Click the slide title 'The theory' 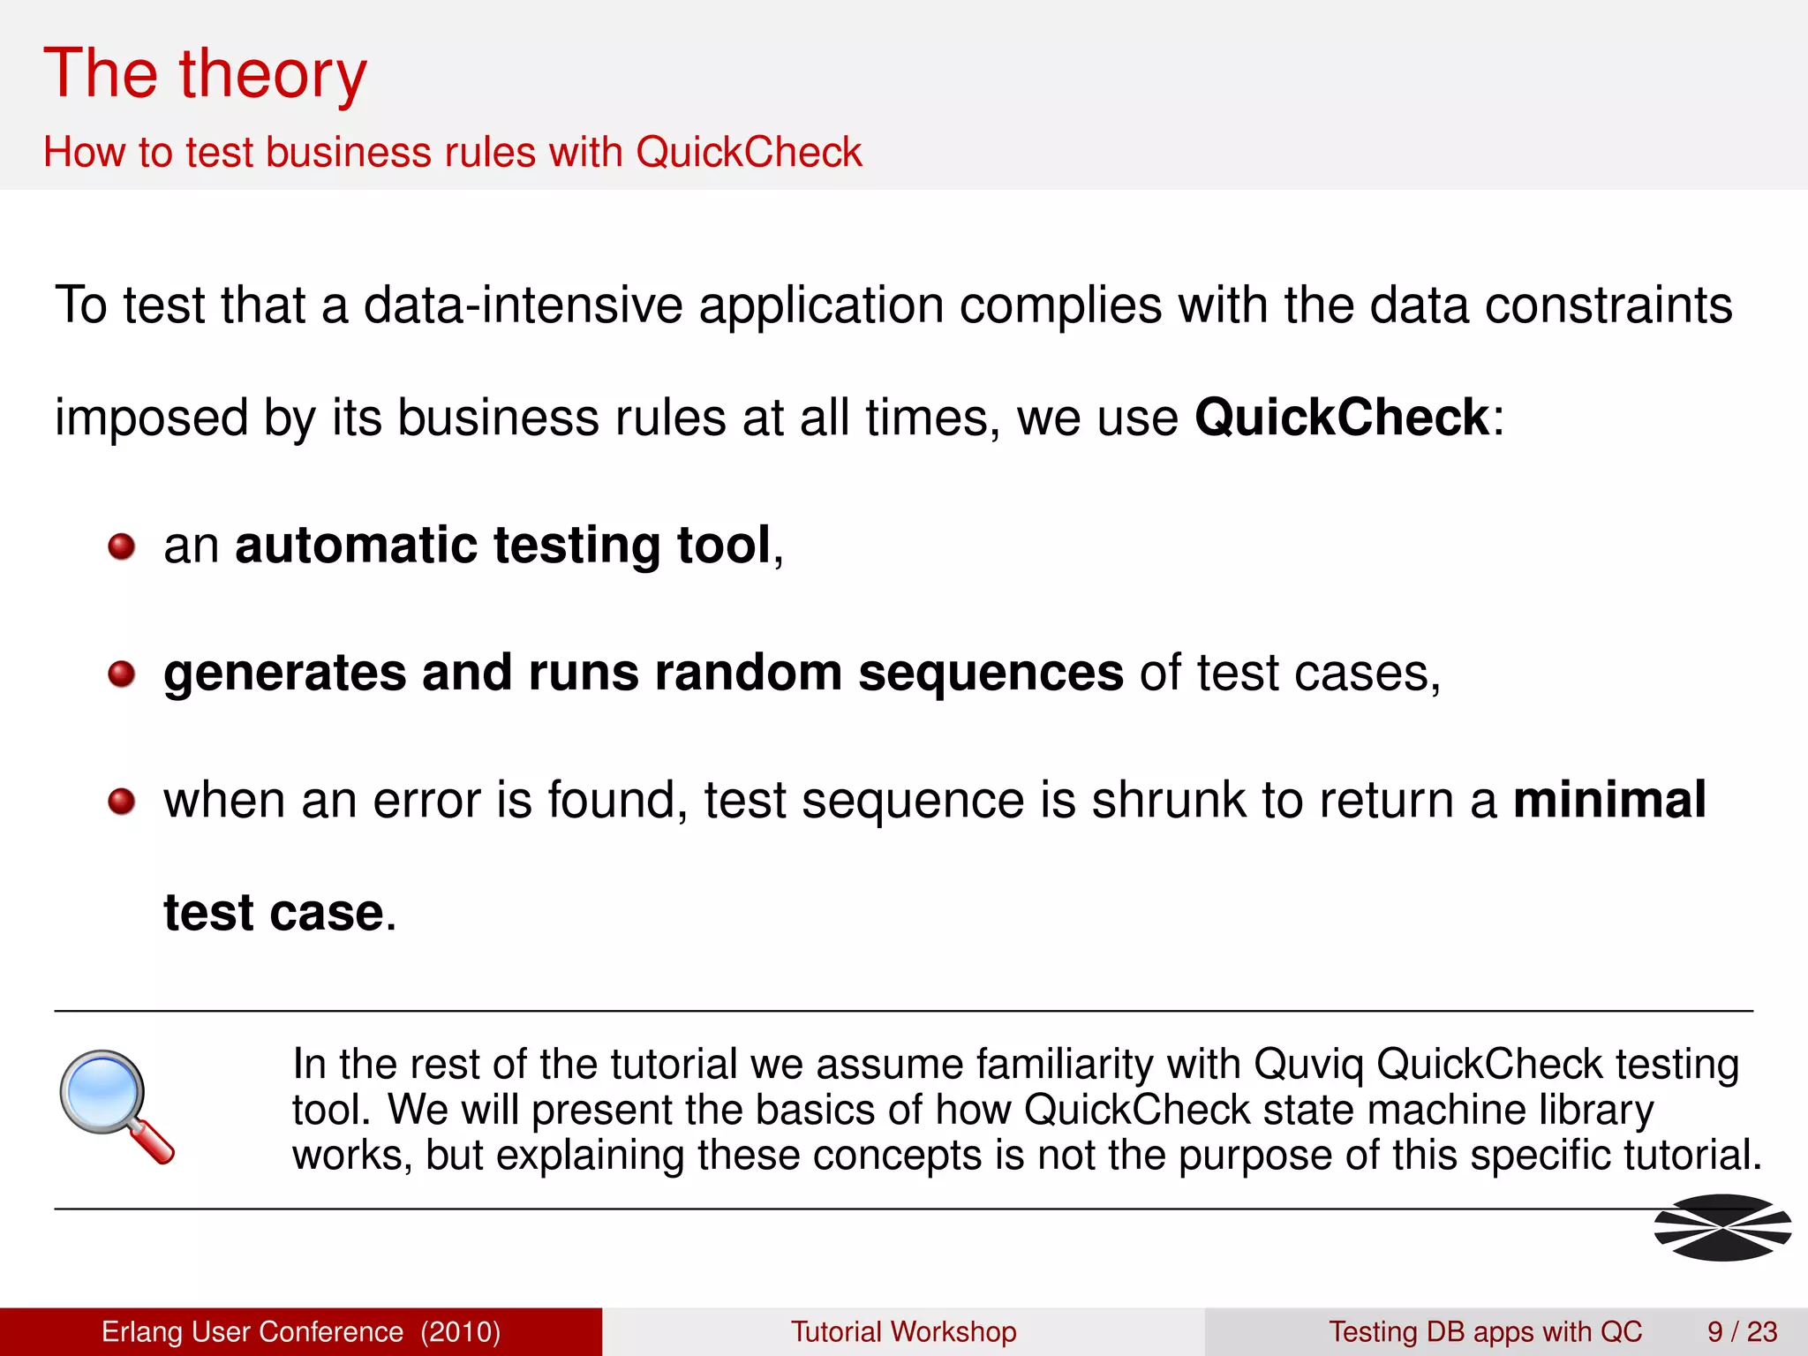coord(205,75)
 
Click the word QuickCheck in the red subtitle coord(749,152)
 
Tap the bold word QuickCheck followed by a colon coord(1341,417)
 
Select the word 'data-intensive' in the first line coord(523,305)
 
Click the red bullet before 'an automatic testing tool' coord(121,546)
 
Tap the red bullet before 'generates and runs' coord(121,674)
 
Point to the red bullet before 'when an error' coord(121,802)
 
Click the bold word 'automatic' coord(356,545)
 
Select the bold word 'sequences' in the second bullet coord(991,673)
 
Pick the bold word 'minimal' coord(1608,800)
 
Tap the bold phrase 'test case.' coord(280,913)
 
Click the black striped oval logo coord(1721,1227)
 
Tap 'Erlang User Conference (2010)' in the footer coord(301,1331)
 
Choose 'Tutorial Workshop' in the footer coord(903,1331)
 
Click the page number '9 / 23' coord(1742,1331)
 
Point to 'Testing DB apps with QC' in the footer coord(1485,1331)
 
